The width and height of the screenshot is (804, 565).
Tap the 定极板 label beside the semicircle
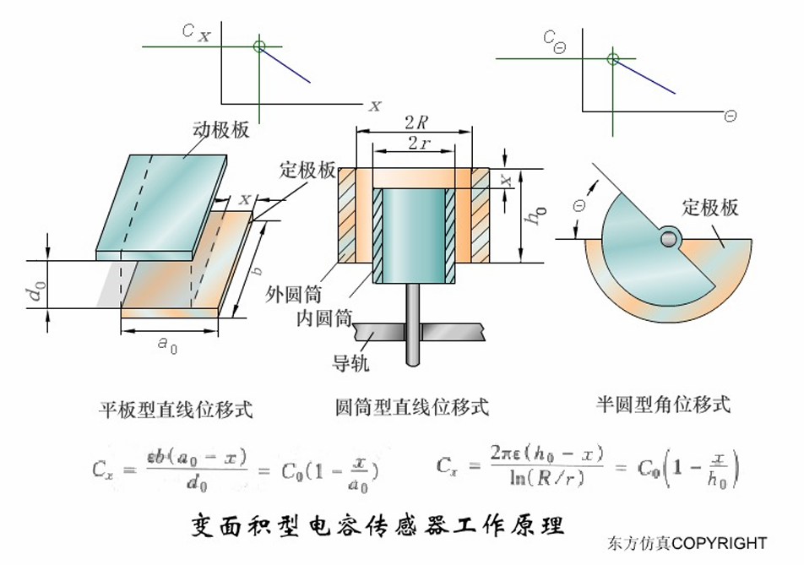(x=710, y=207)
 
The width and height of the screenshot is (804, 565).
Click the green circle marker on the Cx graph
(x=259, y=46)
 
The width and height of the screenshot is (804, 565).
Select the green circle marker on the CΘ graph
(x=613, y=59)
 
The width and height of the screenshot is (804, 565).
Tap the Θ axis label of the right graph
(x=730, y=116)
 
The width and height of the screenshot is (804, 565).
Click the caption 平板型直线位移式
(x=176, y=410)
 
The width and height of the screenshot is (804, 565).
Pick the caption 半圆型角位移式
(x=662, y=404)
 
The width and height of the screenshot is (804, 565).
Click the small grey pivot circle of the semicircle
(x=669, y=239)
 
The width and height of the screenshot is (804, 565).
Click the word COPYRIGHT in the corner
(x=720, y=543)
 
